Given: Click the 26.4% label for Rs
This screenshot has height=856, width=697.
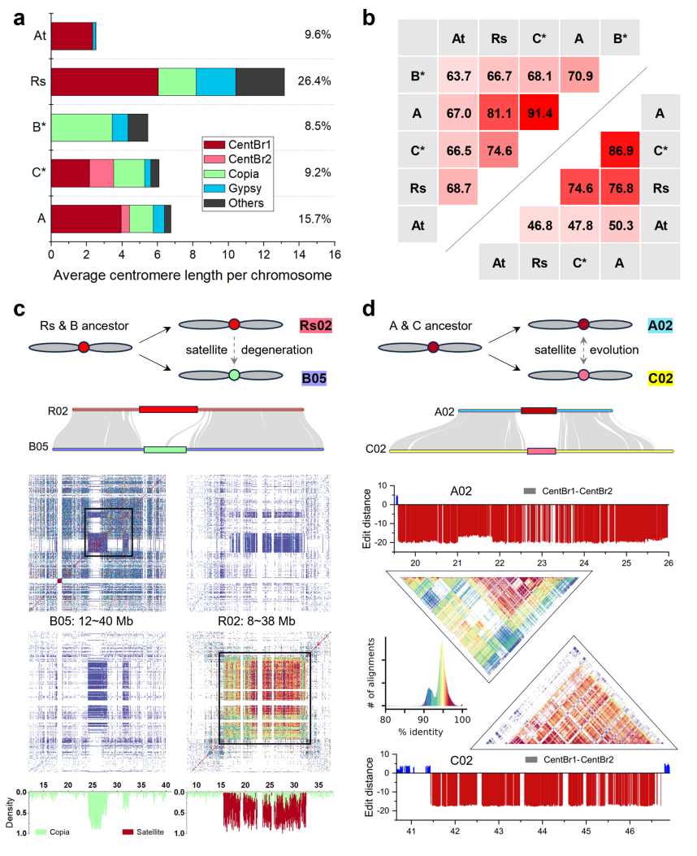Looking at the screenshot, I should [x=314, y=81].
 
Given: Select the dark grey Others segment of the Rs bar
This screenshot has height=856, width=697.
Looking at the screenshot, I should [x=260, y=81].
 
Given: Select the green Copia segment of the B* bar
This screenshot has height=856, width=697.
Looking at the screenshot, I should [x=81, y=127].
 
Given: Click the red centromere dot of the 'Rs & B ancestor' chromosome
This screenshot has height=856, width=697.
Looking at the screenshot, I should [x=84, y=348].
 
